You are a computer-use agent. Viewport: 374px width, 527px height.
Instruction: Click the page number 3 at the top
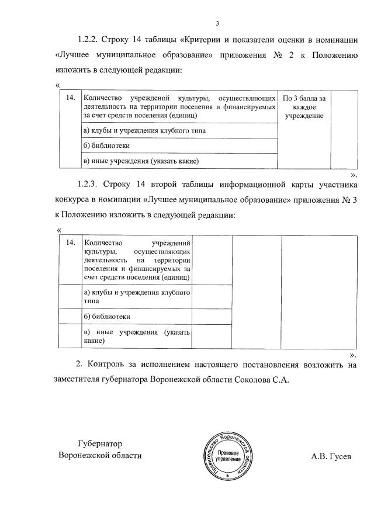coord(217,24)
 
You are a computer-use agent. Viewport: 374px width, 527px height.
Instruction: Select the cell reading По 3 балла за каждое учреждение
coord(304,108)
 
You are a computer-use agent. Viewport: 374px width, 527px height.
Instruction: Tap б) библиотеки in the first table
coord(106,145)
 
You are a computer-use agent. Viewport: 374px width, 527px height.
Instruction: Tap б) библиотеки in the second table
coord(106,316)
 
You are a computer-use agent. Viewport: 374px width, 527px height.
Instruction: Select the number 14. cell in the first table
coord(70,98)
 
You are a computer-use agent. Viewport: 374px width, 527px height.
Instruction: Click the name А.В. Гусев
coord(331,456)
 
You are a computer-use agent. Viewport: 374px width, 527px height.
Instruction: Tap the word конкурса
coord(75,200)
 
